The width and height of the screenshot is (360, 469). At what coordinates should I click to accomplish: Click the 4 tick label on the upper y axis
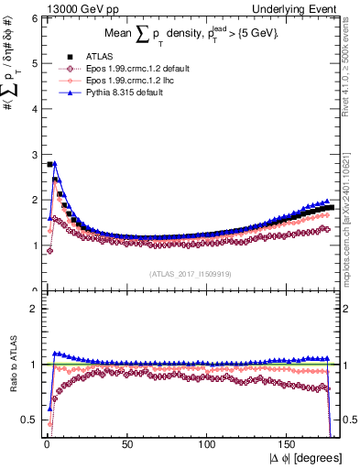[33, 109]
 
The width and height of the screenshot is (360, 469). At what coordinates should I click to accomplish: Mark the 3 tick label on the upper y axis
[33, 154]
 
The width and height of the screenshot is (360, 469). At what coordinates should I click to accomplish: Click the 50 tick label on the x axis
[127, 443]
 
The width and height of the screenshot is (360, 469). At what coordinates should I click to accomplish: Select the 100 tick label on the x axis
[208, 443]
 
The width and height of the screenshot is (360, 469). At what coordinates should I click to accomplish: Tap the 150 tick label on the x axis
[289, 443]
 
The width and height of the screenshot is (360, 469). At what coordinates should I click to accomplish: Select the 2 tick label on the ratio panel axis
[33, 309]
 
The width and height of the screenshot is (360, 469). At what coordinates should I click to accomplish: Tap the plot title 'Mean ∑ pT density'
[183, 33]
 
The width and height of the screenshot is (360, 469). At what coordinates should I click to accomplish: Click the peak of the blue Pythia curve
[55, 163]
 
